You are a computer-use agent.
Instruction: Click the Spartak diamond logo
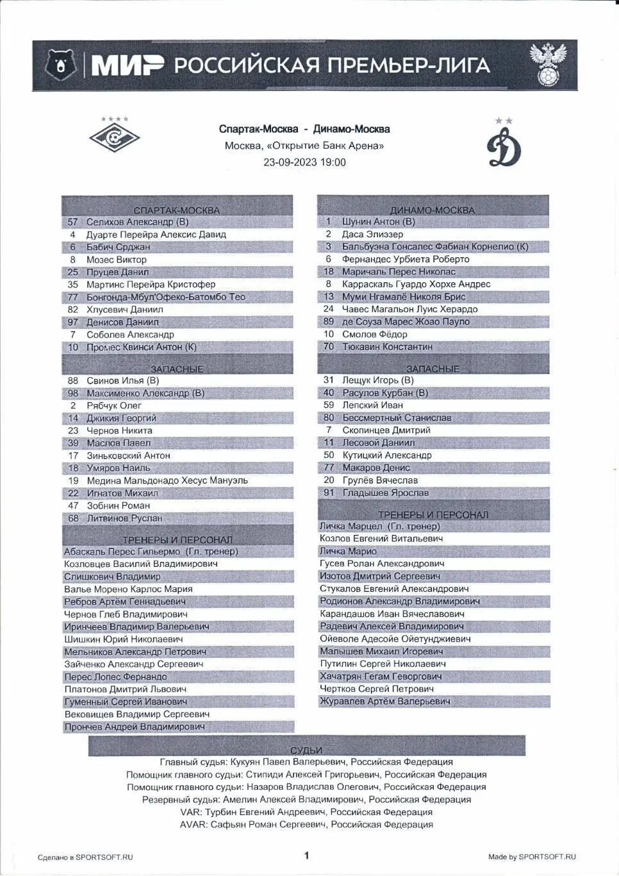point(114,136)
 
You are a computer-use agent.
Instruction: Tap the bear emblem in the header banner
point(61,65)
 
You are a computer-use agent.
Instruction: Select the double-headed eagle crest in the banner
point(548,64)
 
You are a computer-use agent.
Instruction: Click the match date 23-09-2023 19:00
point(304,162)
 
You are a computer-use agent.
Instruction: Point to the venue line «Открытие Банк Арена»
point(304,146)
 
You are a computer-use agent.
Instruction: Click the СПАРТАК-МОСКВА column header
point(177,210)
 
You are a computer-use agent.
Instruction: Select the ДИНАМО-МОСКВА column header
point(433,210)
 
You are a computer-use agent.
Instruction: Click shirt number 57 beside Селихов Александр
point(73,222)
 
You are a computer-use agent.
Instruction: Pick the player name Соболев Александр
point(130,335)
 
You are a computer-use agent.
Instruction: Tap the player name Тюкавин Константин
point(387,347)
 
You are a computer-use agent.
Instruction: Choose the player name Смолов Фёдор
point(374,334)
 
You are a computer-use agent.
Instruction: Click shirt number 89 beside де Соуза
point(329,322)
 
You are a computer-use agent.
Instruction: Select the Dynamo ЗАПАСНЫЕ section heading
point(433,369)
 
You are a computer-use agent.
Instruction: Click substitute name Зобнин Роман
point(118,505)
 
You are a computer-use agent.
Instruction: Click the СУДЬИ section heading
point(306,750)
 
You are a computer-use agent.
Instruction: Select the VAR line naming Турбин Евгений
point(306,812)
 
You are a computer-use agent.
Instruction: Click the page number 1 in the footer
point(306,855)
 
